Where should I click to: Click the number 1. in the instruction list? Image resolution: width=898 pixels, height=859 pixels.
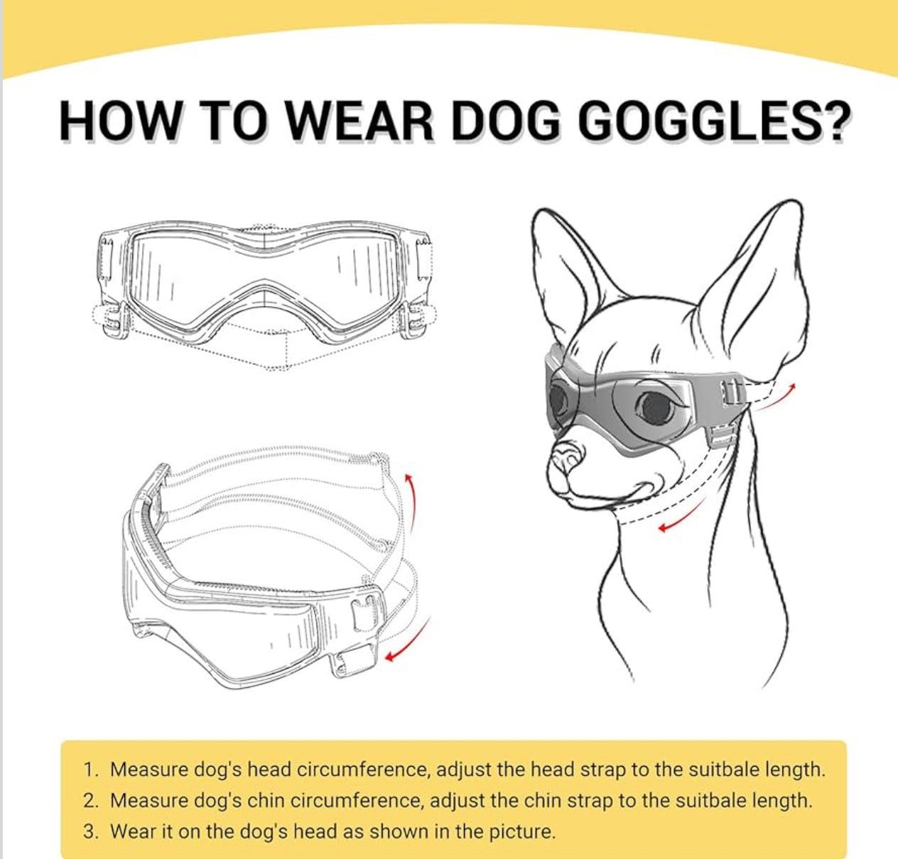(91, 770)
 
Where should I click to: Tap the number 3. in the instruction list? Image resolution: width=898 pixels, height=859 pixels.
(91, 831)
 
